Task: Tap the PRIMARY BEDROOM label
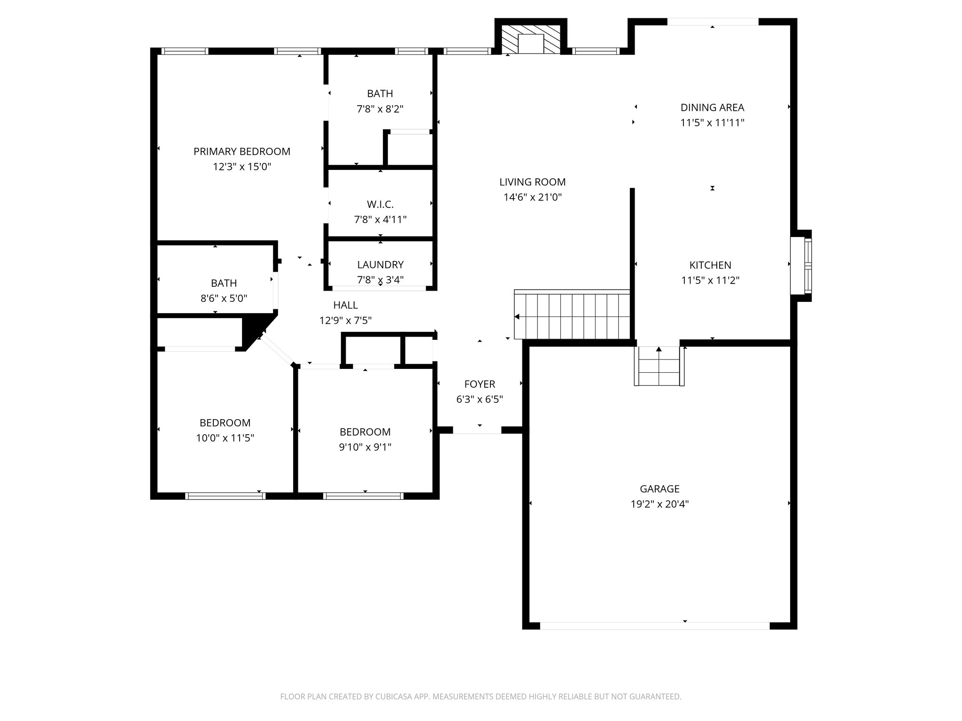point(242,152)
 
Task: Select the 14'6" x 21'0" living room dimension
point(533,197)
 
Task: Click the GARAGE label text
point(659,489)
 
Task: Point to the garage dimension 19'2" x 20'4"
point(659,505)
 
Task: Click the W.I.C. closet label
point(380,204)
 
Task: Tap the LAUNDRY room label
point(380,265)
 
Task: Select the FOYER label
point(480,384)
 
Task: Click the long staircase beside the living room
point(572,314)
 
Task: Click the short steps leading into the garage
point(659,366)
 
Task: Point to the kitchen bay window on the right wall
point(801,266)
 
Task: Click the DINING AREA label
point(712,107)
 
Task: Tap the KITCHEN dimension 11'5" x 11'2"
point(710,281)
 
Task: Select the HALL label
point(345,305)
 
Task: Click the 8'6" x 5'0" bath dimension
point(224,299)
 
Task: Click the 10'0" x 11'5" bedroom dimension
point(225,438)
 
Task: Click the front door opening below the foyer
point(477,430)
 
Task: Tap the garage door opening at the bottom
point(655,626)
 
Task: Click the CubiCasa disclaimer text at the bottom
point(481,697)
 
